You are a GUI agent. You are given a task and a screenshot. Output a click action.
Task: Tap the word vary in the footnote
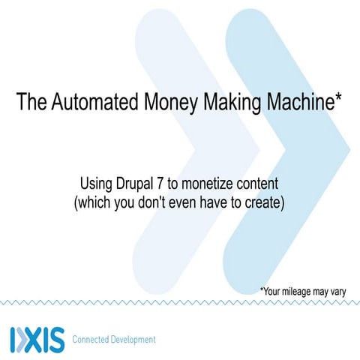pos(335,291)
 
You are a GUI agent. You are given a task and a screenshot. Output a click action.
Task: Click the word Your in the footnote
pos(274,291)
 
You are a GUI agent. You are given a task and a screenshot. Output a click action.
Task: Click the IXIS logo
pos(37,339)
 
